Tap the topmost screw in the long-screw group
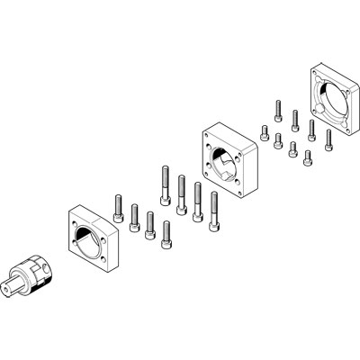(166, 180)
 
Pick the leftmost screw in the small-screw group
(264, 131)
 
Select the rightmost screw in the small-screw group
(328, 137)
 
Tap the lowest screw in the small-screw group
(308, 158)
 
